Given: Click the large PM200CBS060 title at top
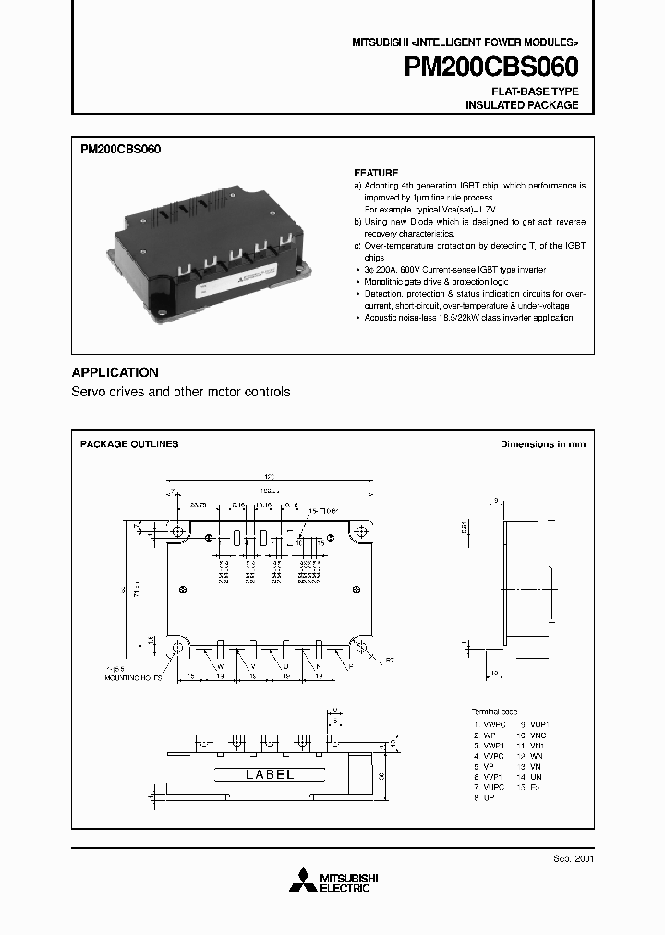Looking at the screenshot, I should pos(490,68).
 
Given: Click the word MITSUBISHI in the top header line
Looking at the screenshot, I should pos(380,43).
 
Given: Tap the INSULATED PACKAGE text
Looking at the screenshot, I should pos(522,105).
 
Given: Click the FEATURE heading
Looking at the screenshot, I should pos(377,173).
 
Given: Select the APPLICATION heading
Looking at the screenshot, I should pos(115,372).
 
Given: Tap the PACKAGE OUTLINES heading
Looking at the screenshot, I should pos(129,444).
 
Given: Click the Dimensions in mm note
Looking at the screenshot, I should pos(543,444).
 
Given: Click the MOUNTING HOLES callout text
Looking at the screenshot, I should pos(133,677).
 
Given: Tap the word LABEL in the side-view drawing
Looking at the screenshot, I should pos(270,774).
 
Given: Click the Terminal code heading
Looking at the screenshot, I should pos(495,712).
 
